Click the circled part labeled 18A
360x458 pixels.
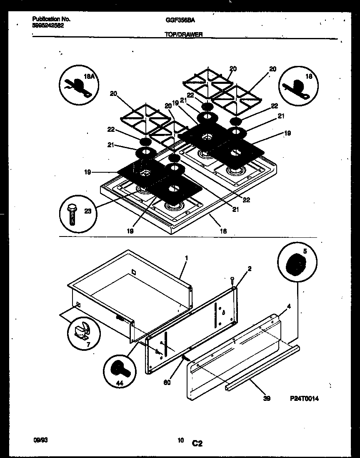click(x=79, y=85)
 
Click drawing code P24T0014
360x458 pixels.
click(x=304, y=399)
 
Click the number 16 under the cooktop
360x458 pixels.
click(x=223, y=231)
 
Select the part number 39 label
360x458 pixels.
click(x=267, y=399)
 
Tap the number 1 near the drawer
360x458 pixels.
click(x=186, y=258)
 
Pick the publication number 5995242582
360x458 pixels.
click(x=48, y=25)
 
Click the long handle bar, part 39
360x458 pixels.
click(x=262, y=367)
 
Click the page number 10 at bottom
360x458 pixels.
click(x=180, y=440)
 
